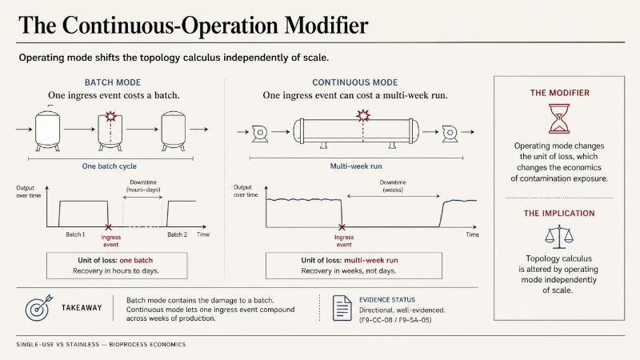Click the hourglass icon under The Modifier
tap(559, 118)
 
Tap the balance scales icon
tap(559, 237)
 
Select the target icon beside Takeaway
tap(38, 308)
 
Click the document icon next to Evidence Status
tap(342, 308)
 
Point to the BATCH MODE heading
tap(113, 82)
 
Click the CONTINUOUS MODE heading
tap(354, 82)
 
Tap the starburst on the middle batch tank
tap(110, 116)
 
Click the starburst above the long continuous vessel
tap(363, 115)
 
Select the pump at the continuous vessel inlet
tap(259, 133)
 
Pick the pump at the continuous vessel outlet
tap(450, 133)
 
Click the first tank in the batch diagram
tap(48, 130)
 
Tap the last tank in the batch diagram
tap(174, 130)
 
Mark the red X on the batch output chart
tap(108, 227)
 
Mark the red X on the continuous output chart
tap(342, 227)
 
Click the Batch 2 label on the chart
tap(177, 234)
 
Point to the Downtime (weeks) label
tap(393, 186)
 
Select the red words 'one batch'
tap(136, 261)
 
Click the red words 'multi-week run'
tap(371, 261)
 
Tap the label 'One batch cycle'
tap(110, 166)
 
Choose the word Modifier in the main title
tap(326, 26)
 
